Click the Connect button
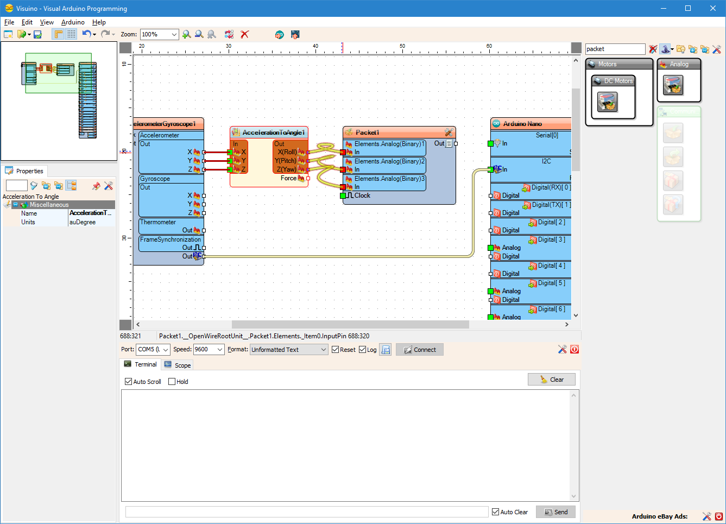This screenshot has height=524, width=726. [420, 350]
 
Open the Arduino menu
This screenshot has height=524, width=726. [73, 22]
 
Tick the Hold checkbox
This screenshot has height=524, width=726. [172, 382]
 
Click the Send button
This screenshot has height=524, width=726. [555, 512]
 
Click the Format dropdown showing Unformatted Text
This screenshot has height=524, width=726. [289, 350]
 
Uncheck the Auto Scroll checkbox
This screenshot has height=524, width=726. [129, 382]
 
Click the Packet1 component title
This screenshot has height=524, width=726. [368, 132]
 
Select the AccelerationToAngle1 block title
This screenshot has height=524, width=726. [274, 132]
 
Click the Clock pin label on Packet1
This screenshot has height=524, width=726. [362, 195]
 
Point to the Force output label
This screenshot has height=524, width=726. [288, 178]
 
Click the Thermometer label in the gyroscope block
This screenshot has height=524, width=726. [158, 222]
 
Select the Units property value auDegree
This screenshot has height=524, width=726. [90, 222]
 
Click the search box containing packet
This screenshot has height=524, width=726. [615, 49]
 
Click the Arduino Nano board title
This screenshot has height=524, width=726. [522, 124]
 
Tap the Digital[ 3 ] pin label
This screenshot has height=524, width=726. [551, 239]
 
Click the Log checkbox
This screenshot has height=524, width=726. [363, 350]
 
